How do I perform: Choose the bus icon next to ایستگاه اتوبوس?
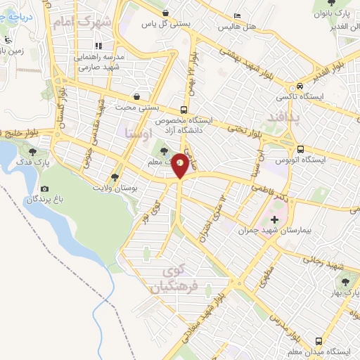tap(300, 149)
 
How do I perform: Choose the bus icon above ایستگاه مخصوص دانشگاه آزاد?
tap(184, 110)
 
